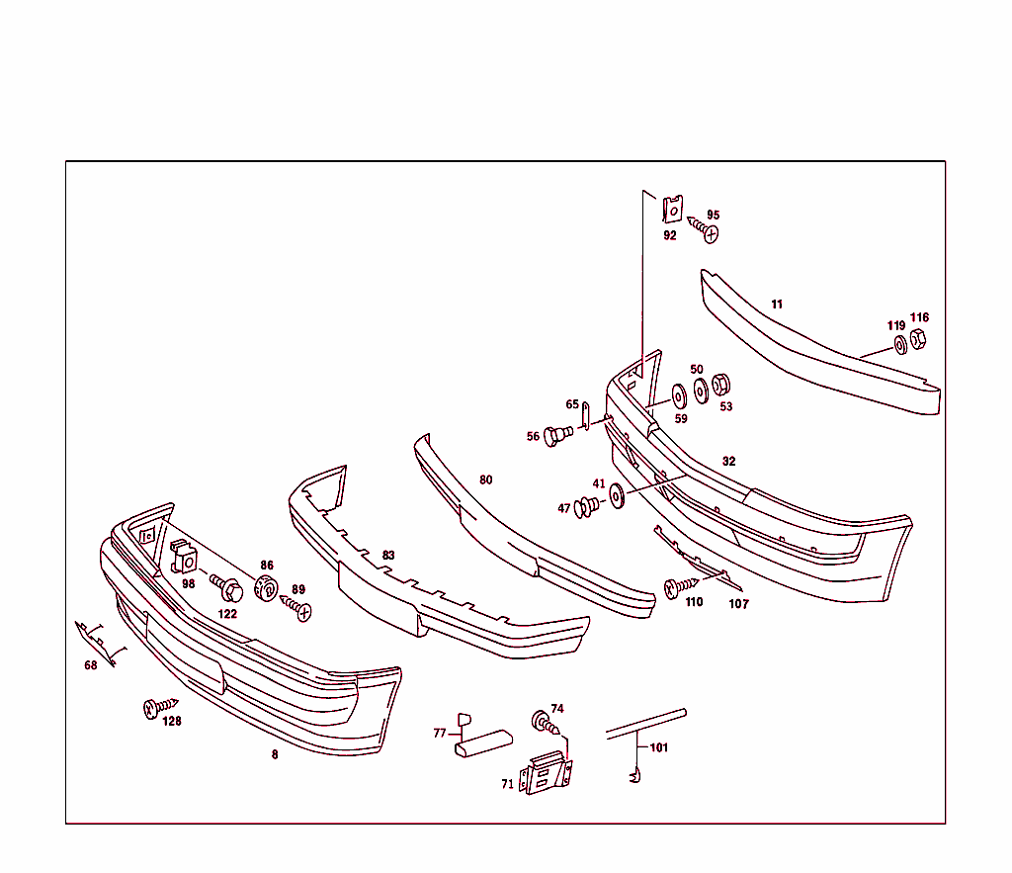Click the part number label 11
pyautogui.click(x=777, y=305)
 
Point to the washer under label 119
pyautogui.click(x=900, y=345)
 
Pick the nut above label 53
pyautogui.click(x=721, y=384)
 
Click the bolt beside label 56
pyautogui.click(x=558, y=434)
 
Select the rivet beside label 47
pyautogui.click(x=586, y=508)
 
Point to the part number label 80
pyautogui.click(x=485, y=480)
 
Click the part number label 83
pyautogui.click(x=388, y=556)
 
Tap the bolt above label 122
pyautogui.click(x=228, y=590)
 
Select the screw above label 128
pyautogui.click(x=156, y=706)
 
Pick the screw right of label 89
pyautogui.click(x=299, y=610)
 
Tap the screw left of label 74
pyautogui.click(x=546, y=722)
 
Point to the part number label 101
pyautogui.click(x=659, y=747)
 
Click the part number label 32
pyautogui.click(x=728, y=462)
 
